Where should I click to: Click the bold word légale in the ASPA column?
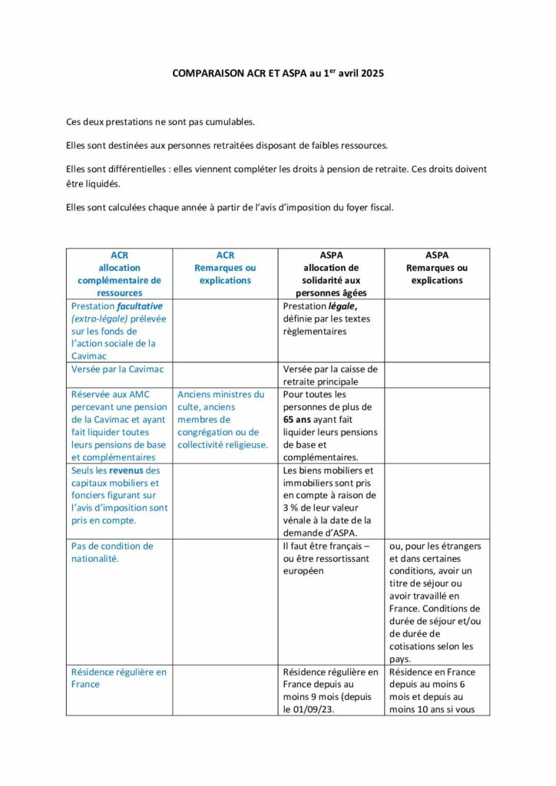coord(337,305)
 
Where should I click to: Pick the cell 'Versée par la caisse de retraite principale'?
coord(330,375)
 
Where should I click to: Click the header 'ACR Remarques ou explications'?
coord(225,268)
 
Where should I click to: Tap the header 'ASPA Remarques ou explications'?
coord(436,268)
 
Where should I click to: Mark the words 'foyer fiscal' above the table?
coord(367,206)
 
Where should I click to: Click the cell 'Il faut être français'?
coord(330,558)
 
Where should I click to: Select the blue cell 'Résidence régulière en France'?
coord(119,678)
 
